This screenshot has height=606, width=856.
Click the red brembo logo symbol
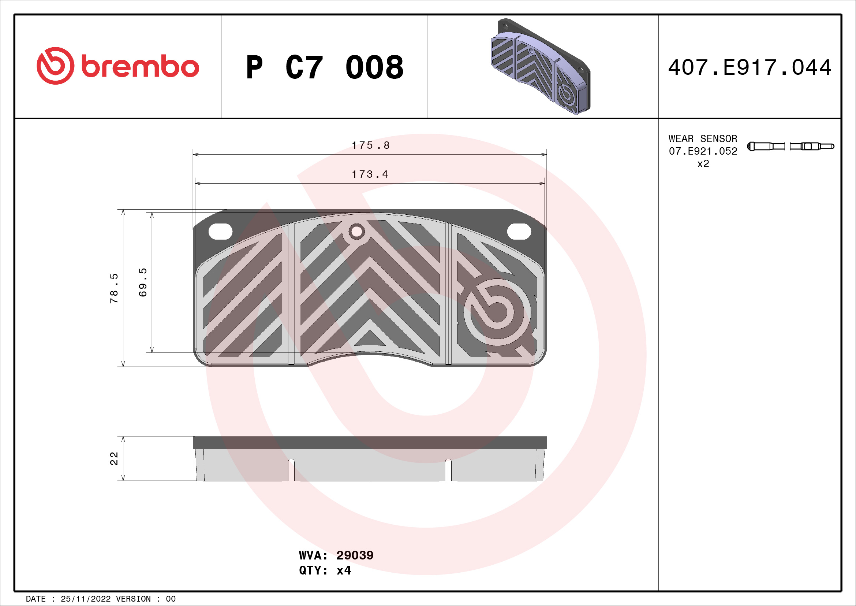click(55, 66)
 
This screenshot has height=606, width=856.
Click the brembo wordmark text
click(140, 67)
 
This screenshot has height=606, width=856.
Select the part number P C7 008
click(324, 67)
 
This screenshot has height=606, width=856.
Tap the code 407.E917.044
click(750, 67)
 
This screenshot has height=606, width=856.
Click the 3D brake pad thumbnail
click(540, 66)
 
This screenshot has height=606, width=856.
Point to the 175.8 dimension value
click(371, 145)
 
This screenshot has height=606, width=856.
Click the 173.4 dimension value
click(370, 174)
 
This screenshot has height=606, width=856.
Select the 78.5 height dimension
click(114, 288)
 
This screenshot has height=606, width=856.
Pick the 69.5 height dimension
click(143, 282)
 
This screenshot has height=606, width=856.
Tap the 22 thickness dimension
click(114, 459)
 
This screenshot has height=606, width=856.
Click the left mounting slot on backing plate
click(220, 232)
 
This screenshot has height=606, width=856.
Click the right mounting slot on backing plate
click(519, 232)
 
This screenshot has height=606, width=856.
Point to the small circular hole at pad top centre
click(356, 232)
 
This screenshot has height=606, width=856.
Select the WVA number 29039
click(355, 555)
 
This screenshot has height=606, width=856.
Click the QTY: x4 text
click(325, 570)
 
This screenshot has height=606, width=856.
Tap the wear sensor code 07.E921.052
click(703, 151)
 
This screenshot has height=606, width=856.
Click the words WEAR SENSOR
click(702, 139)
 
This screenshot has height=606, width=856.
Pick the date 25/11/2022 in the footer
click(86, 599)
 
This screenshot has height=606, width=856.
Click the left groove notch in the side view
click(291, 470)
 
